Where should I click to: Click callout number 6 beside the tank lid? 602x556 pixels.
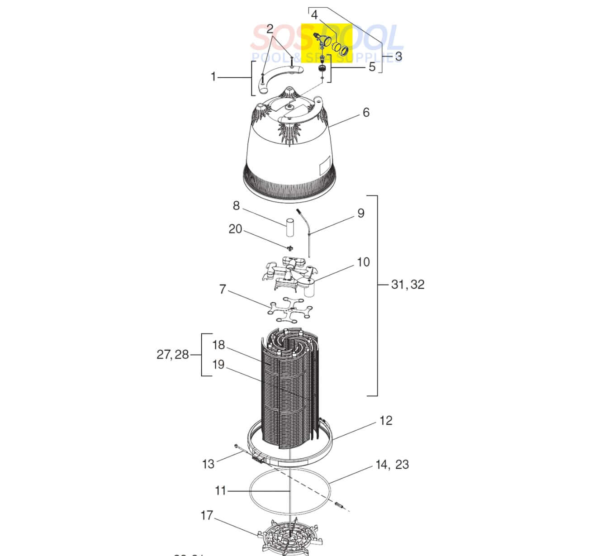(366, 112)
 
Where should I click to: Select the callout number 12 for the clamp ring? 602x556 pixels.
(385, 420)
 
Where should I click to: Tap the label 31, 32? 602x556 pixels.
(408, 285)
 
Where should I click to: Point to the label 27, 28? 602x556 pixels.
(172, 355)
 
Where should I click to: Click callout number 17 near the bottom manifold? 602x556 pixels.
(207, 515)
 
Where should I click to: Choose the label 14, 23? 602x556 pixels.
(392, 465)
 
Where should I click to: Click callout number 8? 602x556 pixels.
(236, 206)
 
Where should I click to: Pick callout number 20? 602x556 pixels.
(235, 229)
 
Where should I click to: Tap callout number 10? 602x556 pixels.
(363, 262)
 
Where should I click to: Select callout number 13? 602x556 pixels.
(208, 464)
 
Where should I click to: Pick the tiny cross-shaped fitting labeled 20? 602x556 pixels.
(289, 247)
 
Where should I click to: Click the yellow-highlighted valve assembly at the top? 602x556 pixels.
(329, 45)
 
